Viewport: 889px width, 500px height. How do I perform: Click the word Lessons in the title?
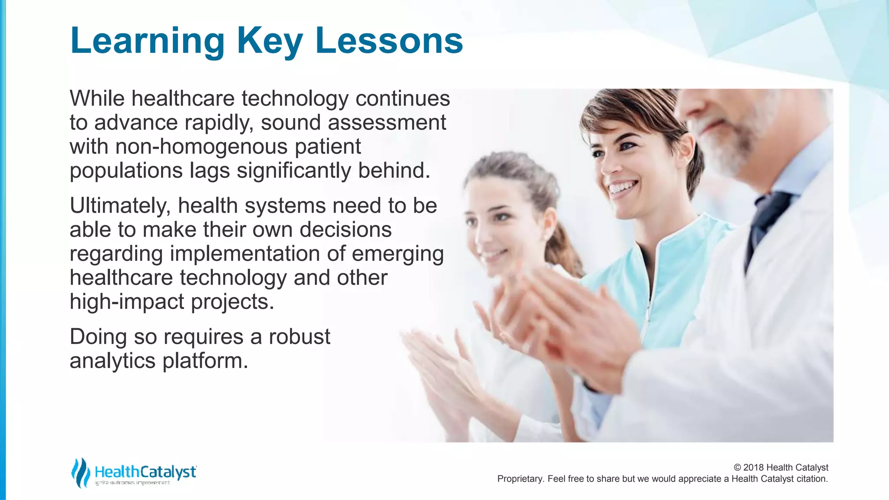click(x=389, y=40)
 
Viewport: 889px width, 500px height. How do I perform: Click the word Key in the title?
click(x=269, y=41)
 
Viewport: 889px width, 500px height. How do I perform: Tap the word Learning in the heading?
click(x=147, y=41)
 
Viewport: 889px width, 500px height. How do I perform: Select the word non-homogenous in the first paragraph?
click(x=201, y=147)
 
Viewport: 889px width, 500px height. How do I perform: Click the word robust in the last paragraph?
click(x=300, y=337)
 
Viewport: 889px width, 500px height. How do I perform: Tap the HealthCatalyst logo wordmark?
click(x=145, y=472)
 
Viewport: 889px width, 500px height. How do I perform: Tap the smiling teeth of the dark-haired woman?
click(x=622, y=187)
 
